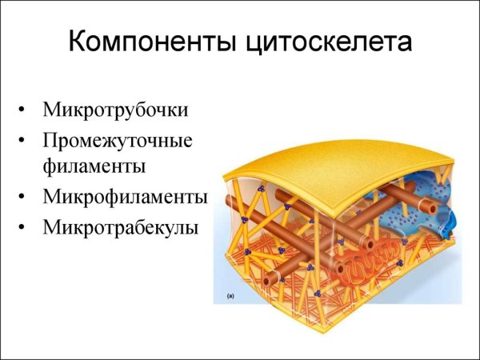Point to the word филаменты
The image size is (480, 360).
point(95,167)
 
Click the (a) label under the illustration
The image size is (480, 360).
point(230,296)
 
